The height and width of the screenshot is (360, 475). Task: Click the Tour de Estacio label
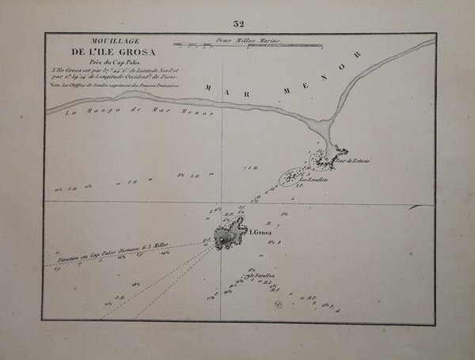click(351, 161)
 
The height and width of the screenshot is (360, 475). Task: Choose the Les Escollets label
click(314, 179)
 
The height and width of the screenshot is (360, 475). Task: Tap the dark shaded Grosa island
click(230, 233)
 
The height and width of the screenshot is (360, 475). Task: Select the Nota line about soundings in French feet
click(114, 85)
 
